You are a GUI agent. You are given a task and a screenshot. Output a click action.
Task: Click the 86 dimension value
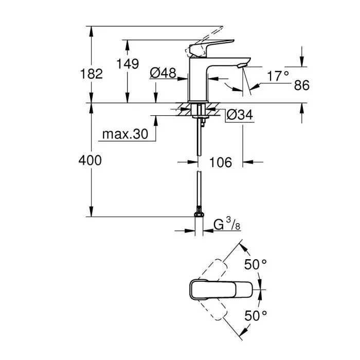point(301,85)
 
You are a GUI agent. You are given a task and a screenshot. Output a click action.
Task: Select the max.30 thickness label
point(124,134)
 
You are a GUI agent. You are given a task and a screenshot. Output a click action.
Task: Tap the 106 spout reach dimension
point(221,163)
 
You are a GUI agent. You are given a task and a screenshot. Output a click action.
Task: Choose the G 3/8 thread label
point(225,224)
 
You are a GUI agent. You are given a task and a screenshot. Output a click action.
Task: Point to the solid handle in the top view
point(222,289)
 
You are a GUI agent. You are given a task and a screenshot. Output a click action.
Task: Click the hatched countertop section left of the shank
point(183,110)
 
